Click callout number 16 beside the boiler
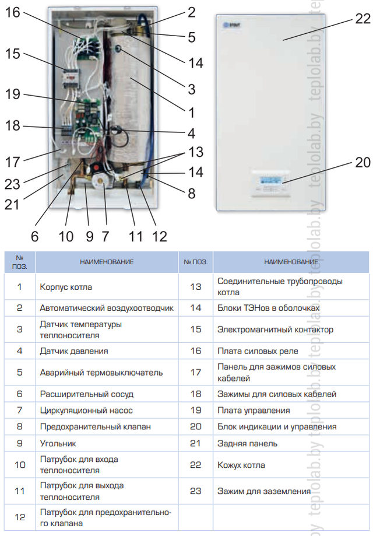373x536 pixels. click(13, 13)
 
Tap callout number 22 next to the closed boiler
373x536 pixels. click(363, 19)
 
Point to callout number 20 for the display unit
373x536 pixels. click(363, 162)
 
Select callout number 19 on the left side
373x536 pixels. click(13, 94)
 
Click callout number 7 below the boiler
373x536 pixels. click(105, 237)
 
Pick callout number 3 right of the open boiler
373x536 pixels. click(192, 90)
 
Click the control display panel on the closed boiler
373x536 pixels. click(270, 183)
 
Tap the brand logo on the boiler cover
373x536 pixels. click(231, 25)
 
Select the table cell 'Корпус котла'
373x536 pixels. click(66, 287)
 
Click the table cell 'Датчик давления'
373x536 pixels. click(74, 351)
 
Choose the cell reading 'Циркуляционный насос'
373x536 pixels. click(86, 410)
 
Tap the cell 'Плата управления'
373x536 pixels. click(254, 410)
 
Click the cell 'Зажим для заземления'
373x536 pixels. click(264, 491)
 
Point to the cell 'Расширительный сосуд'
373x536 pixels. click(86, 394)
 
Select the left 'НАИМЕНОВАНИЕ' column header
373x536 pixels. click(107, 262)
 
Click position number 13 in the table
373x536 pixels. click(196, 287)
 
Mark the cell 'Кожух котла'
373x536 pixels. click(241, 465)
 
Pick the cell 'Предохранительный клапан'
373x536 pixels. click(96, 426)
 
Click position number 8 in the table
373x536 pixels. click(20, 426)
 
